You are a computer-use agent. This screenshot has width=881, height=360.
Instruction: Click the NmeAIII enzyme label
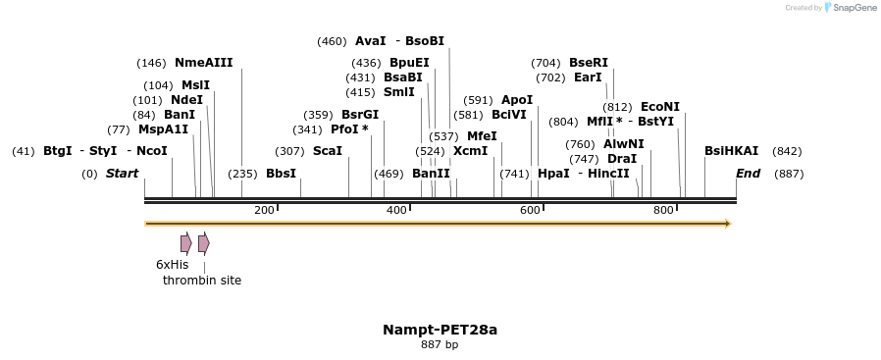pos(203,63)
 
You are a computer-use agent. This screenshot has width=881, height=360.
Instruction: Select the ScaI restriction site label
pos(327,151)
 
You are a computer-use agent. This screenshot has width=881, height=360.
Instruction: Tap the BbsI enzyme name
pos(281,174)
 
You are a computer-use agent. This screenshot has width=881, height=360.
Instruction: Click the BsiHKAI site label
pos(731,151)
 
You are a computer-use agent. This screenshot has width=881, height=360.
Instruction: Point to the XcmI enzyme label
pos(470,151)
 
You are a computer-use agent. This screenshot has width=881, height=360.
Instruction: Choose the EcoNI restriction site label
pos(659,107)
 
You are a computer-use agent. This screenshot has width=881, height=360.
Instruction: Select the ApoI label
pos(517,100)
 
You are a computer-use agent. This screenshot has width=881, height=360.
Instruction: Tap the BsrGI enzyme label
pos(360,115)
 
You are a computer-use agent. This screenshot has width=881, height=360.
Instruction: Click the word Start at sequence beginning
pos(123,174)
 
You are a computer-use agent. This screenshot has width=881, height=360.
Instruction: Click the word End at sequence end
pos(749,174)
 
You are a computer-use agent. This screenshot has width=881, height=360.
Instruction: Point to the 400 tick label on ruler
pos(396,210)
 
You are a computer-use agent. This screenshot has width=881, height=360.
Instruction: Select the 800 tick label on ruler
pos(663,210)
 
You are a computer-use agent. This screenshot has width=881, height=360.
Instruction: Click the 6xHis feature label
pos(172,265)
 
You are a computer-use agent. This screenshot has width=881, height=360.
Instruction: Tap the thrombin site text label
pos(202,281)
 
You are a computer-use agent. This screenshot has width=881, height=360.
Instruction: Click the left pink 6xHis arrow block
pos(185,243)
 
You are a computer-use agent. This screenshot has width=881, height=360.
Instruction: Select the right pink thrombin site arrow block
pos(203,243)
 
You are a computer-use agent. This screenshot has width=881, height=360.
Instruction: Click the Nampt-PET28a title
pos(440,330)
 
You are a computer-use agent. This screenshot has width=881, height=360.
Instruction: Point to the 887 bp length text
pos(440,345)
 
